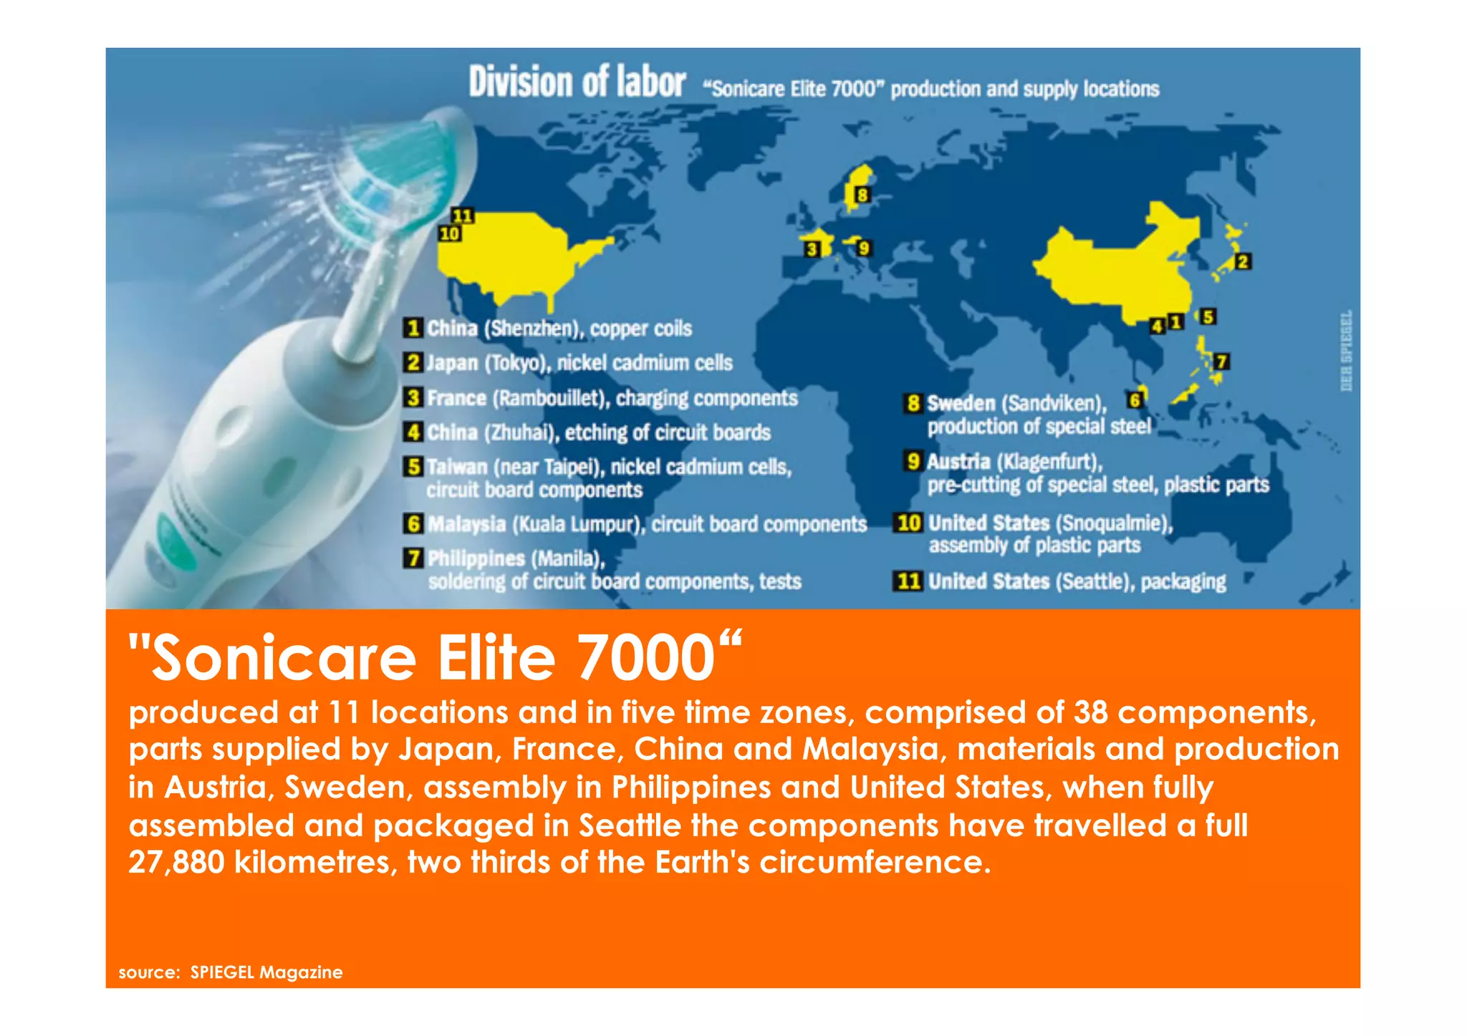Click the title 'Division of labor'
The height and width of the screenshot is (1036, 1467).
pos(577,82)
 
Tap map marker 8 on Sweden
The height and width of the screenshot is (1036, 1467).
pos(862,194)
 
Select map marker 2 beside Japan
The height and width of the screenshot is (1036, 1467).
pos(1243,262)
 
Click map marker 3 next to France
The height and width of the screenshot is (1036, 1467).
pos(812,249)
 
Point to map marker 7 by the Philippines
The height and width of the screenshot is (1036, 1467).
pos(1222,362)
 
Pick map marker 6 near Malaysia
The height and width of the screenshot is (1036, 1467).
pos(1135,400)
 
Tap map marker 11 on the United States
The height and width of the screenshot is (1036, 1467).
pos(462,216)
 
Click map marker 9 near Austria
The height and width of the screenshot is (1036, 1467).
pos(864,248)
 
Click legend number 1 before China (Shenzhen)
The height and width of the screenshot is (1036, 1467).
pos(412,329)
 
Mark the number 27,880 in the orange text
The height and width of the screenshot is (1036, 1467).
pos(175,861)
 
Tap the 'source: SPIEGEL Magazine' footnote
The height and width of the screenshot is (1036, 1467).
pos(231,972)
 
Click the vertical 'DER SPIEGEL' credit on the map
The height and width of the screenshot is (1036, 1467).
pos(1346,351)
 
